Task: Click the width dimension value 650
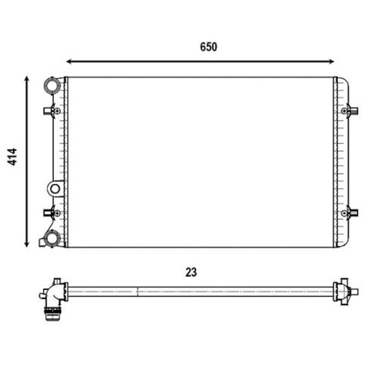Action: click(208, 47)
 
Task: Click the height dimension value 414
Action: click(12, 157)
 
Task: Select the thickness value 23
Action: click(191, 272)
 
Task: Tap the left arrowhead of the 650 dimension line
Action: click(69, 61)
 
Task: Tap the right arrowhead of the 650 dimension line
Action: click(332, 61)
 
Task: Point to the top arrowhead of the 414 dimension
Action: click(27, 79)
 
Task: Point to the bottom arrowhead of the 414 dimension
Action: click(27, 244)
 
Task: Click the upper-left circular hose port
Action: click(52, 86)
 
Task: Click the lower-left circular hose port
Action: click(52, 238)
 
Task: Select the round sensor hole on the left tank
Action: click(55, 189)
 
